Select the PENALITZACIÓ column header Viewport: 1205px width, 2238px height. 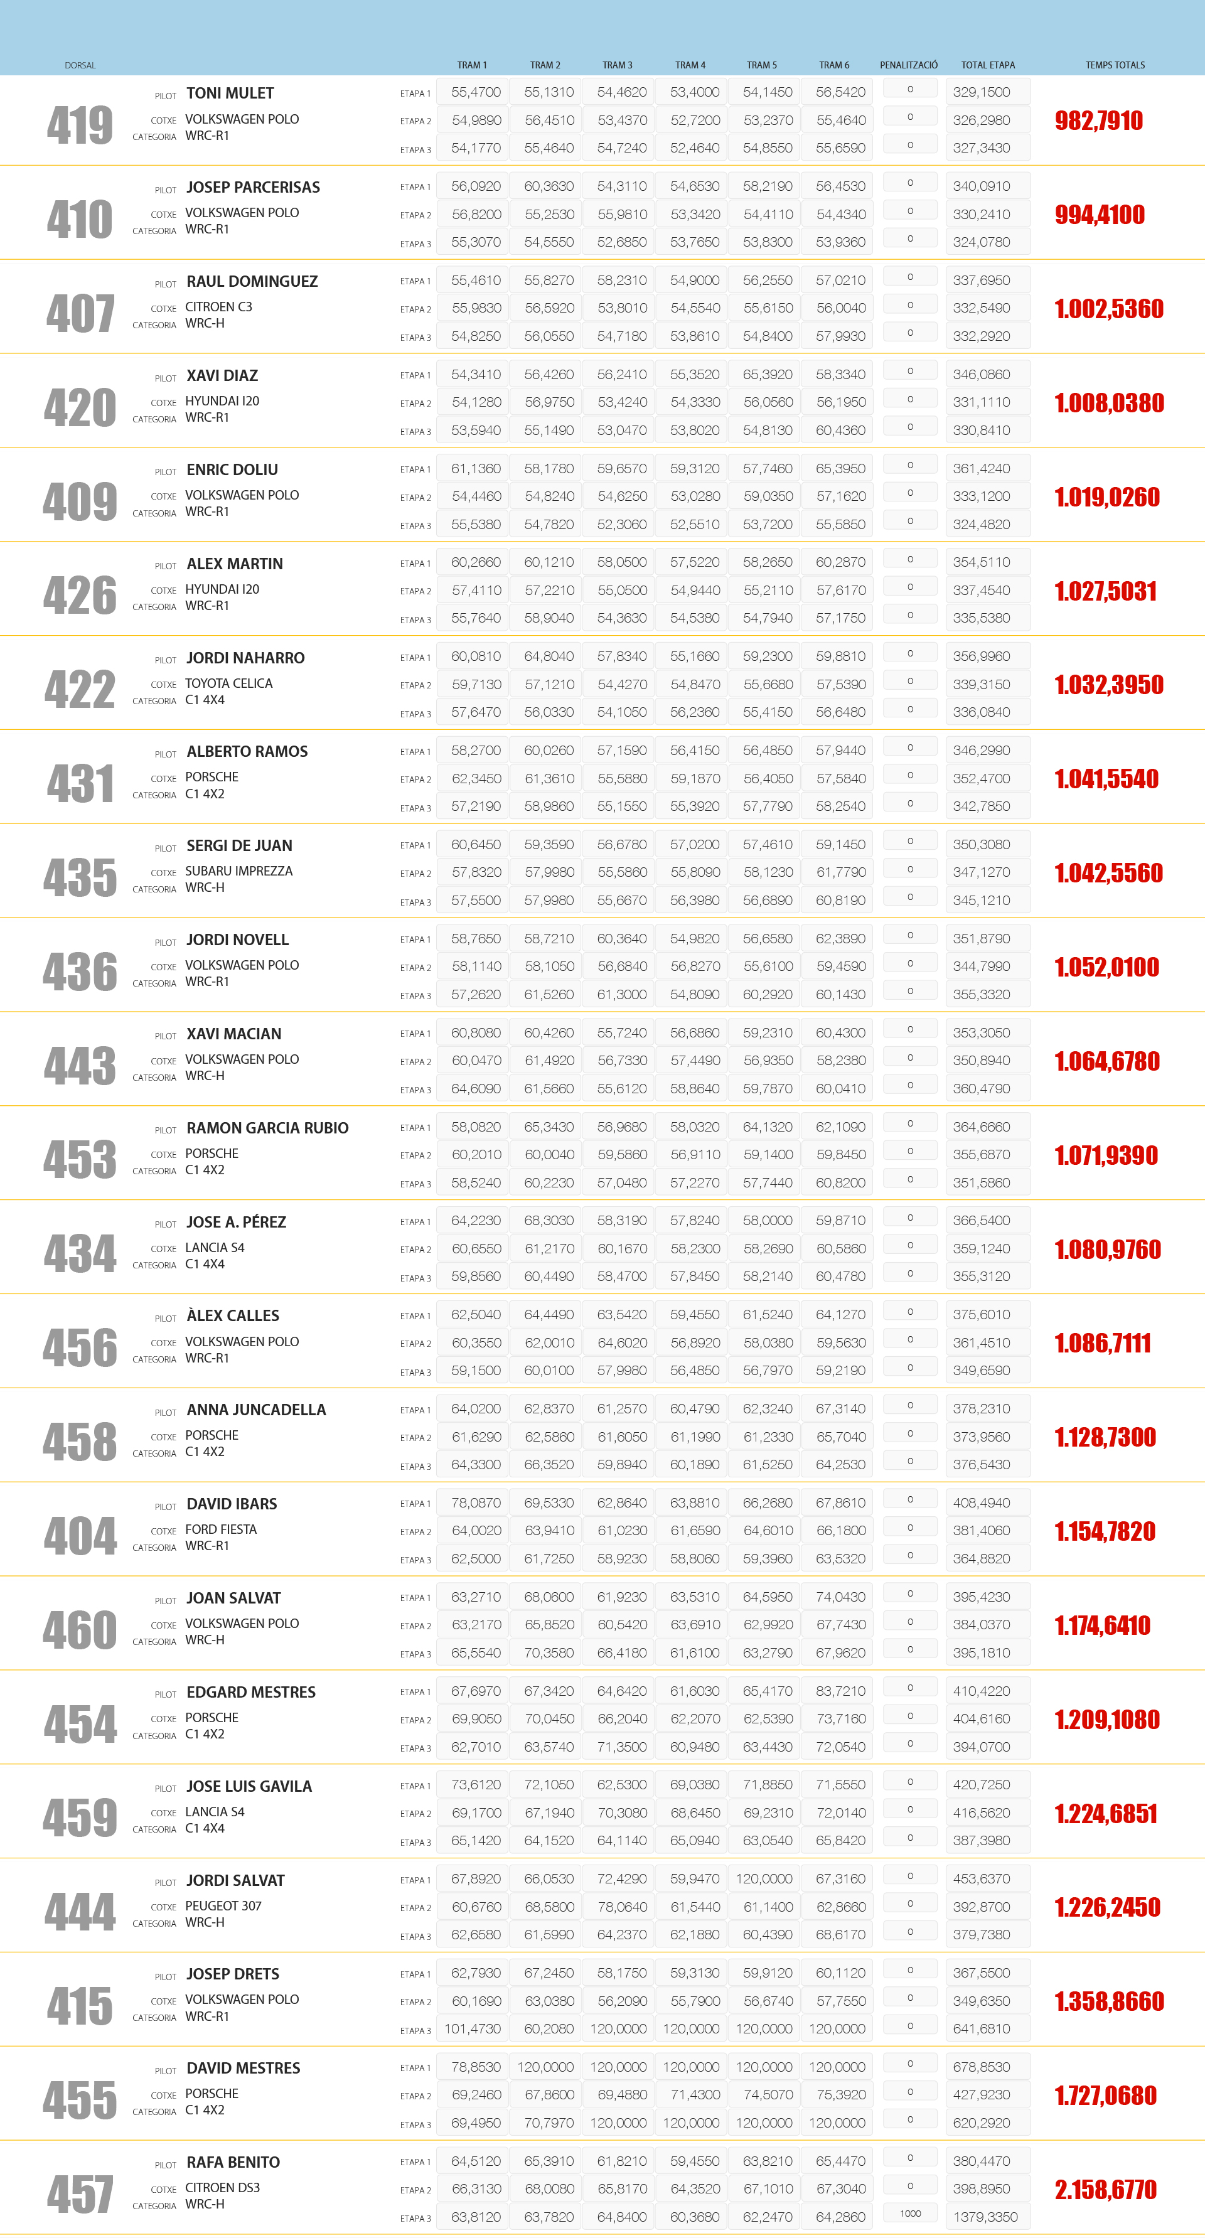point(908,65)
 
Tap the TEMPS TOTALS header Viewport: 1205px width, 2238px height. point(1115,65)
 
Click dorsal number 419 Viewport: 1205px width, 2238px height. point(80,125)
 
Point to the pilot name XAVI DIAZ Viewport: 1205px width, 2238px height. point(222,375)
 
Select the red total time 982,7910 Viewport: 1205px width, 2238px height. point(1099,120)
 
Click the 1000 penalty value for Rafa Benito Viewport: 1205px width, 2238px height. point(909,2213)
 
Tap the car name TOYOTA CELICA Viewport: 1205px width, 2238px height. point(228,683)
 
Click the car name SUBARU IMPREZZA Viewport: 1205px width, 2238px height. point(239,871)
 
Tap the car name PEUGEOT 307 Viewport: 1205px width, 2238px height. point(223,1906)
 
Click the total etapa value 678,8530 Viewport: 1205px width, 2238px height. point(982,2067)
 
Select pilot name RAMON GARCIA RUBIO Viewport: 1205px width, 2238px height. point(267,1128)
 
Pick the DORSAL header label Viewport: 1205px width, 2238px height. point(80,66)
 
